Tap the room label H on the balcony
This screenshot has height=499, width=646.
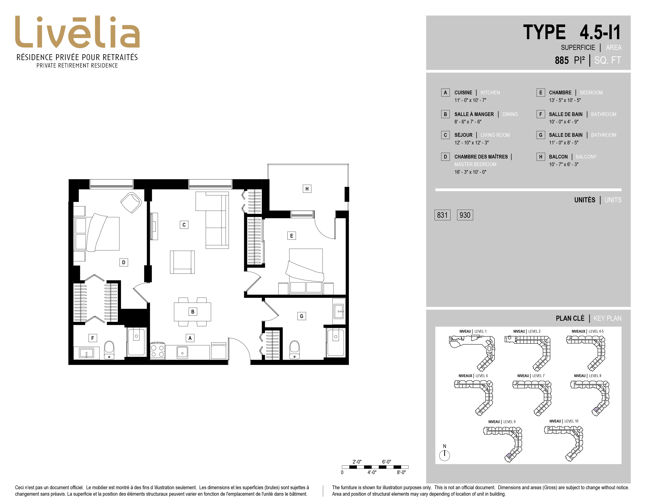[307, 189]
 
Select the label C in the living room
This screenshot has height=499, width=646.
[184, 225]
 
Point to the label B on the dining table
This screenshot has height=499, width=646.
[193, 312]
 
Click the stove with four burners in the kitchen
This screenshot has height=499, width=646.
[157, 351]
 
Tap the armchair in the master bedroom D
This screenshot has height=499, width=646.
[131, 203]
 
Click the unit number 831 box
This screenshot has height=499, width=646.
[442, 215]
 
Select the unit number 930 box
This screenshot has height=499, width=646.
[465, 215]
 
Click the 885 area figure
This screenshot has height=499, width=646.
[562, 60]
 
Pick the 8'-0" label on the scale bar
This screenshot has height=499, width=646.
[401, 472]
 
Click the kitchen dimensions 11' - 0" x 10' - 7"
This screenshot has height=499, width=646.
[470, 100]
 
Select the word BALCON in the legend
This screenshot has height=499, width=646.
[558, 157]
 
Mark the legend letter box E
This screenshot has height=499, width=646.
[541, 93]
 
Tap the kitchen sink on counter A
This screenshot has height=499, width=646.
[182, 352]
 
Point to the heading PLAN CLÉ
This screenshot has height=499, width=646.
[570, 318]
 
